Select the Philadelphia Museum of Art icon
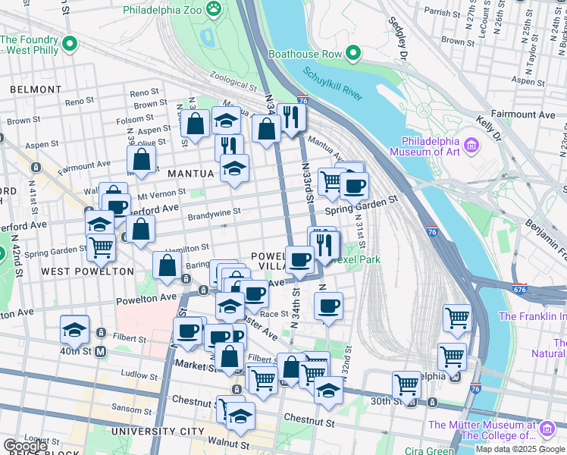(470, 145)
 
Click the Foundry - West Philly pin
(70, 45)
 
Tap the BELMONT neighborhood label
(36, 89)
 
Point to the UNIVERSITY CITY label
(157, 431)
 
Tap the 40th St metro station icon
(101, 331)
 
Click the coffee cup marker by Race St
(328, 306)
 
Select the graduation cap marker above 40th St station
(74, 329)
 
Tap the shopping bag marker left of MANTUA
(141, 160)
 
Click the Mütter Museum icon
(546, 430)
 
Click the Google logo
(26, 446)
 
